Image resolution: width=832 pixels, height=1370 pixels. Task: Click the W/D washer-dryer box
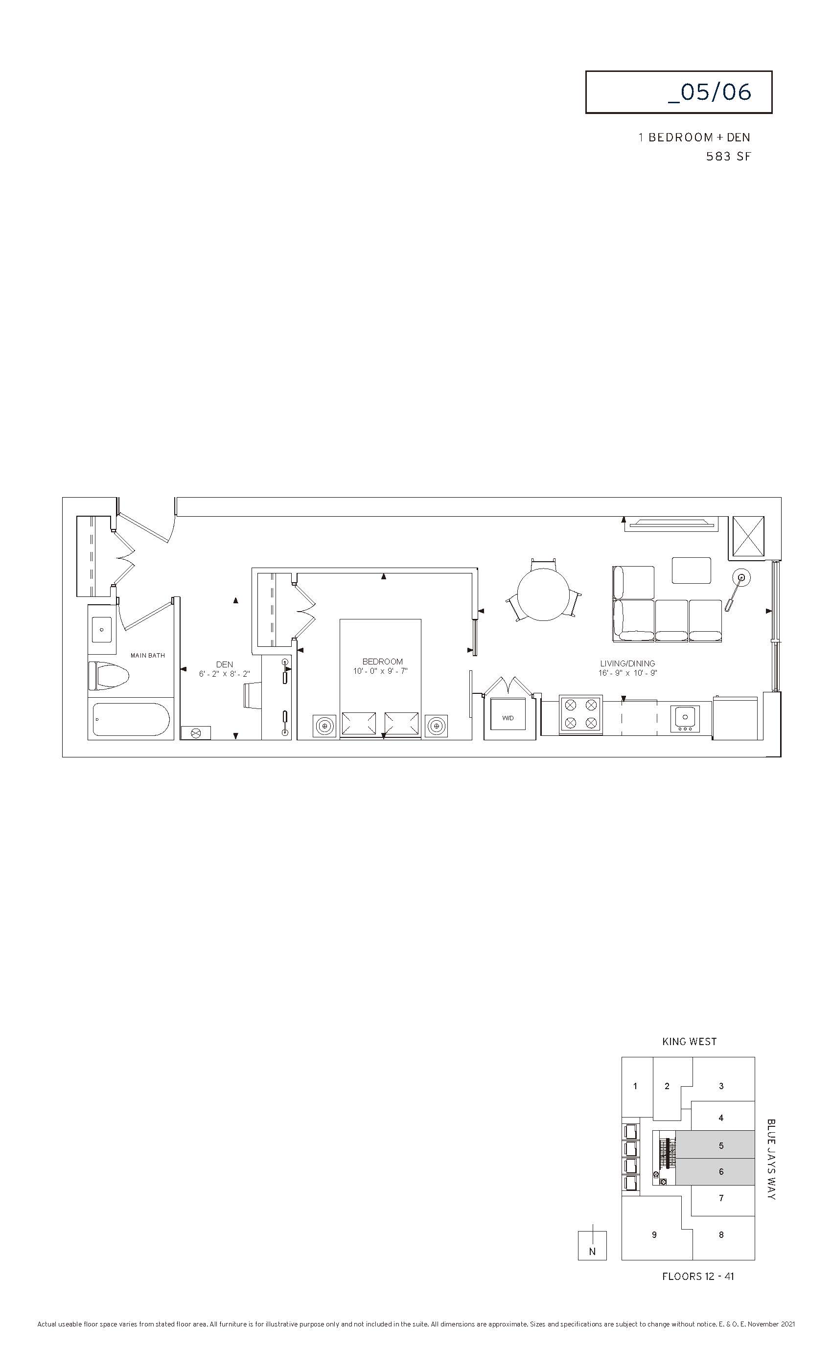(508, 718)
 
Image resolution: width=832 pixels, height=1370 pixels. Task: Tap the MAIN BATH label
(148, 656)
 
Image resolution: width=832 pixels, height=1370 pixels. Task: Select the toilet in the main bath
(109, 676)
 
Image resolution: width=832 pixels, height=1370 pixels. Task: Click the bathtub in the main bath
(131, 719)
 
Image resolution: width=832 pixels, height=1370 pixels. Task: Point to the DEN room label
(225, 664)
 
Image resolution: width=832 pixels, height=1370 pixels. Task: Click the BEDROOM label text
(382, 662)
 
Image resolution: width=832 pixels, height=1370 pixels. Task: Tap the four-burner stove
(580, 714)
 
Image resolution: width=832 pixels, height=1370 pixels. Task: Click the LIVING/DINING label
(627, 663)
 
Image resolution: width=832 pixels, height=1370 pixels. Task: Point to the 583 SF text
(729, 157)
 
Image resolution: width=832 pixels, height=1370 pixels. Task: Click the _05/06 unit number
(710, 92)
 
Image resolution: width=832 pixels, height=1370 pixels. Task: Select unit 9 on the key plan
(655, 1234)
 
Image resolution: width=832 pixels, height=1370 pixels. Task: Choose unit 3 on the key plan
(721, 1085)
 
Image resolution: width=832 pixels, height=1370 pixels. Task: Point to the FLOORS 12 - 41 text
(698, 1276)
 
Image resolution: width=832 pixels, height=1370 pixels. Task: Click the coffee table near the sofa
(691, 571)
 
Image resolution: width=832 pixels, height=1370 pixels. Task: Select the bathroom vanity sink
(102, 629)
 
